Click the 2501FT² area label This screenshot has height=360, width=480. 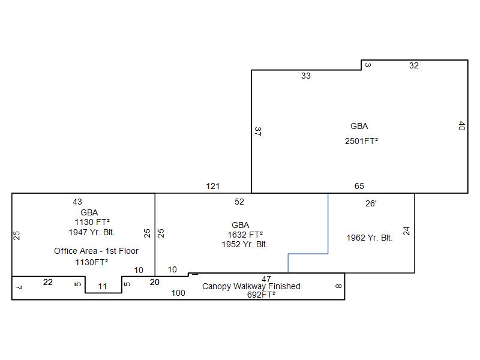[361, 141]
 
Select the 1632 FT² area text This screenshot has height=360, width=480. [245, 235]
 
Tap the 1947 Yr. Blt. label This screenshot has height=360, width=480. [92, 232]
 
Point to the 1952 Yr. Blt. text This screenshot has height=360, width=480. [245, 244]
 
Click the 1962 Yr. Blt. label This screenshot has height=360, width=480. [370, 238]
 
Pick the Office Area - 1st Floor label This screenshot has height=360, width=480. [96, 251]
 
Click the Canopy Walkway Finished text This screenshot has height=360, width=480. [251, 286]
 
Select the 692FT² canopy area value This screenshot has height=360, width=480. [261, 295]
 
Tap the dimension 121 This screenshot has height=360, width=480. [213, 186]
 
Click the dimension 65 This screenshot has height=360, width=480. [359, 186]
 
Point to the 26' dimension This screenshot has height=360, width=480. [371, 203]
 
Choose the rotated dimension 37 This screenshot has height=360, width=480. [258, 131]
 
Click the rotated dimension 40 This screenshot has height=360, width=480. [462, 126]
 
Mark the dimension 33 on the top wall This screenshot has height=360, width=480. [306, 76]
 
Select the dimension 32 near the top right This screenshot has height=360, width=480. [414, 65]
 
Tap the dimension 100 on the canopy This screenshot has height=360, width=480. [178, 293]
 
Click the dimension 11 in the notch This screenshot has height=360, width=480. [102, 287]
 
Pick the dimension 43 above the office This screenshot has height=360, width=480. [77, 202]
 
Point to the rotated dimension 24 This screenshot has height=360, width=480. [406, 231]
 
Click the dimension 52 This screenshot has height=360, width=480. [239, 202]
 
